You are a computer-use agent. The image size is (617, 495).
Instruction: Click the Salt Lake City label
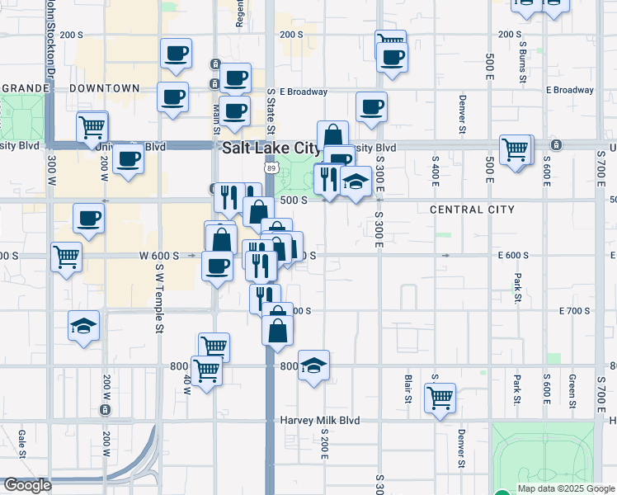pyautogui.click(x=271, y=148)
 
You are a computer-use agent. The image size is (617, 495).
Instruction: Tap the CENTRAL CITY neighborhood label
pyautogui.click(x=472, y=210)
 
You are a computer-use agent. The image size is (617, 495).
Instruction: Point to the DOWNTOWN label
pyautogui.click(x=104, y=88)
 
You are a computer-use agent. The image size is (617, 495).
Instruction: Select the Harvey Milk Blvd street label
pyautogui.click(x=321, y=420)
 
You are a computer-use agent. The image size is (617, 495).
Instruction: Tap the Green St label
pyautogui.click(x=571, y=391)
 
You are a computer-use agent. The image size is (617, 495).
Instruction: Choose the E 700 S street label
pyautogui.click(x=575, y=311)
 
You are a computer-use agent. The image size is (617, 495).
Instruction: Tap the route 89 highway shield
pyautogui.click(x=271, y=168)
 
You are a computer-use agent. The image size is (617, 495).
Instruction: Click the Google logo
pyautogui.click(x=27, y=486)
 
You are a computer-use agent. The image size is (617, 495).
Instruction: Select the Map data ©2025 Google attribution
pyautogui.click(x=566, y=488)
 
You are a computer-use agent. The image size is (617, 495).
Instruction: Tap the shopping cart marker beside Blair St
pyautogui.click(x=440, y=397)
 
